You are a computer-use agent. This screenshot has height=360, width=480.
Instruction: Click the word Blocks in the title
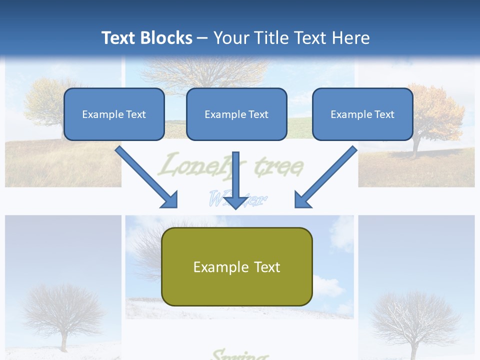[167, 38]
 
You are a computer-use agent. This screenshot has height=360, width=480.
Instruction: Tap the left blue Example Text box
[114, 114]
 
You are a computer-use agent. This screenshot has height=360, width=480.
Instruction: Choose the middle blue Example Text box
[236, 114]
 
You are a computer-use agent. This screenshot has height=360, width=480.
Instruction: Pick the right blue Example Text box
[362, 114]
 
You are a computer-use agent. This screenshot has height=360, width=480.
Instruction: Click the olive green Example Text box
[237, 267]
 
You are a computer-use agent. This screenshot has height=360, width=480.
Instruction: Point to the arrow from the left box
[147, 177]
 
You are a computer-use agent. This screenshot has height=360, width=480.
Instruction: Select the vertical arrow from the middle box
[236, 180]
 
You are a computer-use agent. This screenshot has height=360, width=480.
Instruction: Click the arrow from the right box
[325, 177]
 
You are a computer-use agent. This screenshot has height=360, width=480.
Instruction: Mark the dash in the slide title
[202, 38]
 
